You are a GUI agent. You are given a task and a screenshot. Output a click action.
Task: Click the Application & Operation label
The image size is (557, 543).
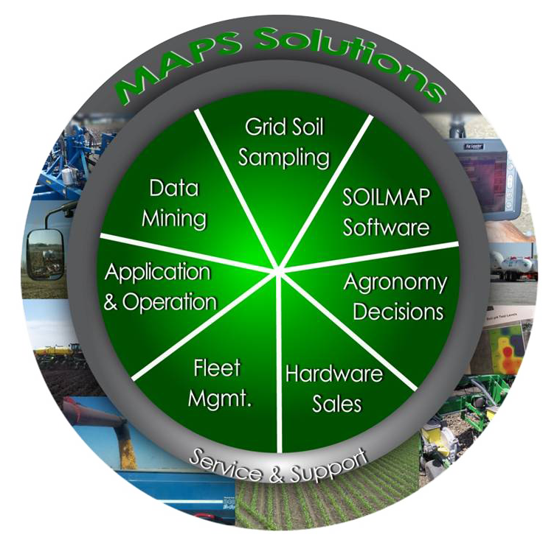pos(159,287)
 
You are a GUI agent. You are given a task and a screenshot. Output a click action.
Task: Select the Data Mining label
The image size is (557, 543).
pos(174,203)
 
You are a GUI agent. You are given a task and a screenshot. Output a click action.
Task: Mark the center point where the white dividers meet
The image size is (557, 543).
pos(279,270)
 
